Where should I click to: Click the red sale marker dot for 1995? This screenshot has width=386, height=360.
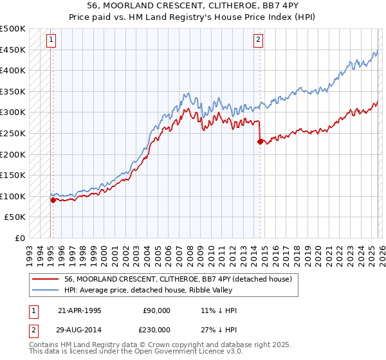[53, 200]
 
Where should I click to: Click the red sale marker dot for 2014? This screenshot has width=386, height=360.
[260, 142]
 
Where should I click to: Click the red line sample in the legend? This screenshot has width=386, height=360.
[46, 279]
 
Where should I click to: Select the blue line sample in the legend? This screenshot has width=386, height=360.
[46, 290]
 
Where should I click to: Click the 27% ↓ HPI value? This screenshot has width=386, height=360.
[219, 328]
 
